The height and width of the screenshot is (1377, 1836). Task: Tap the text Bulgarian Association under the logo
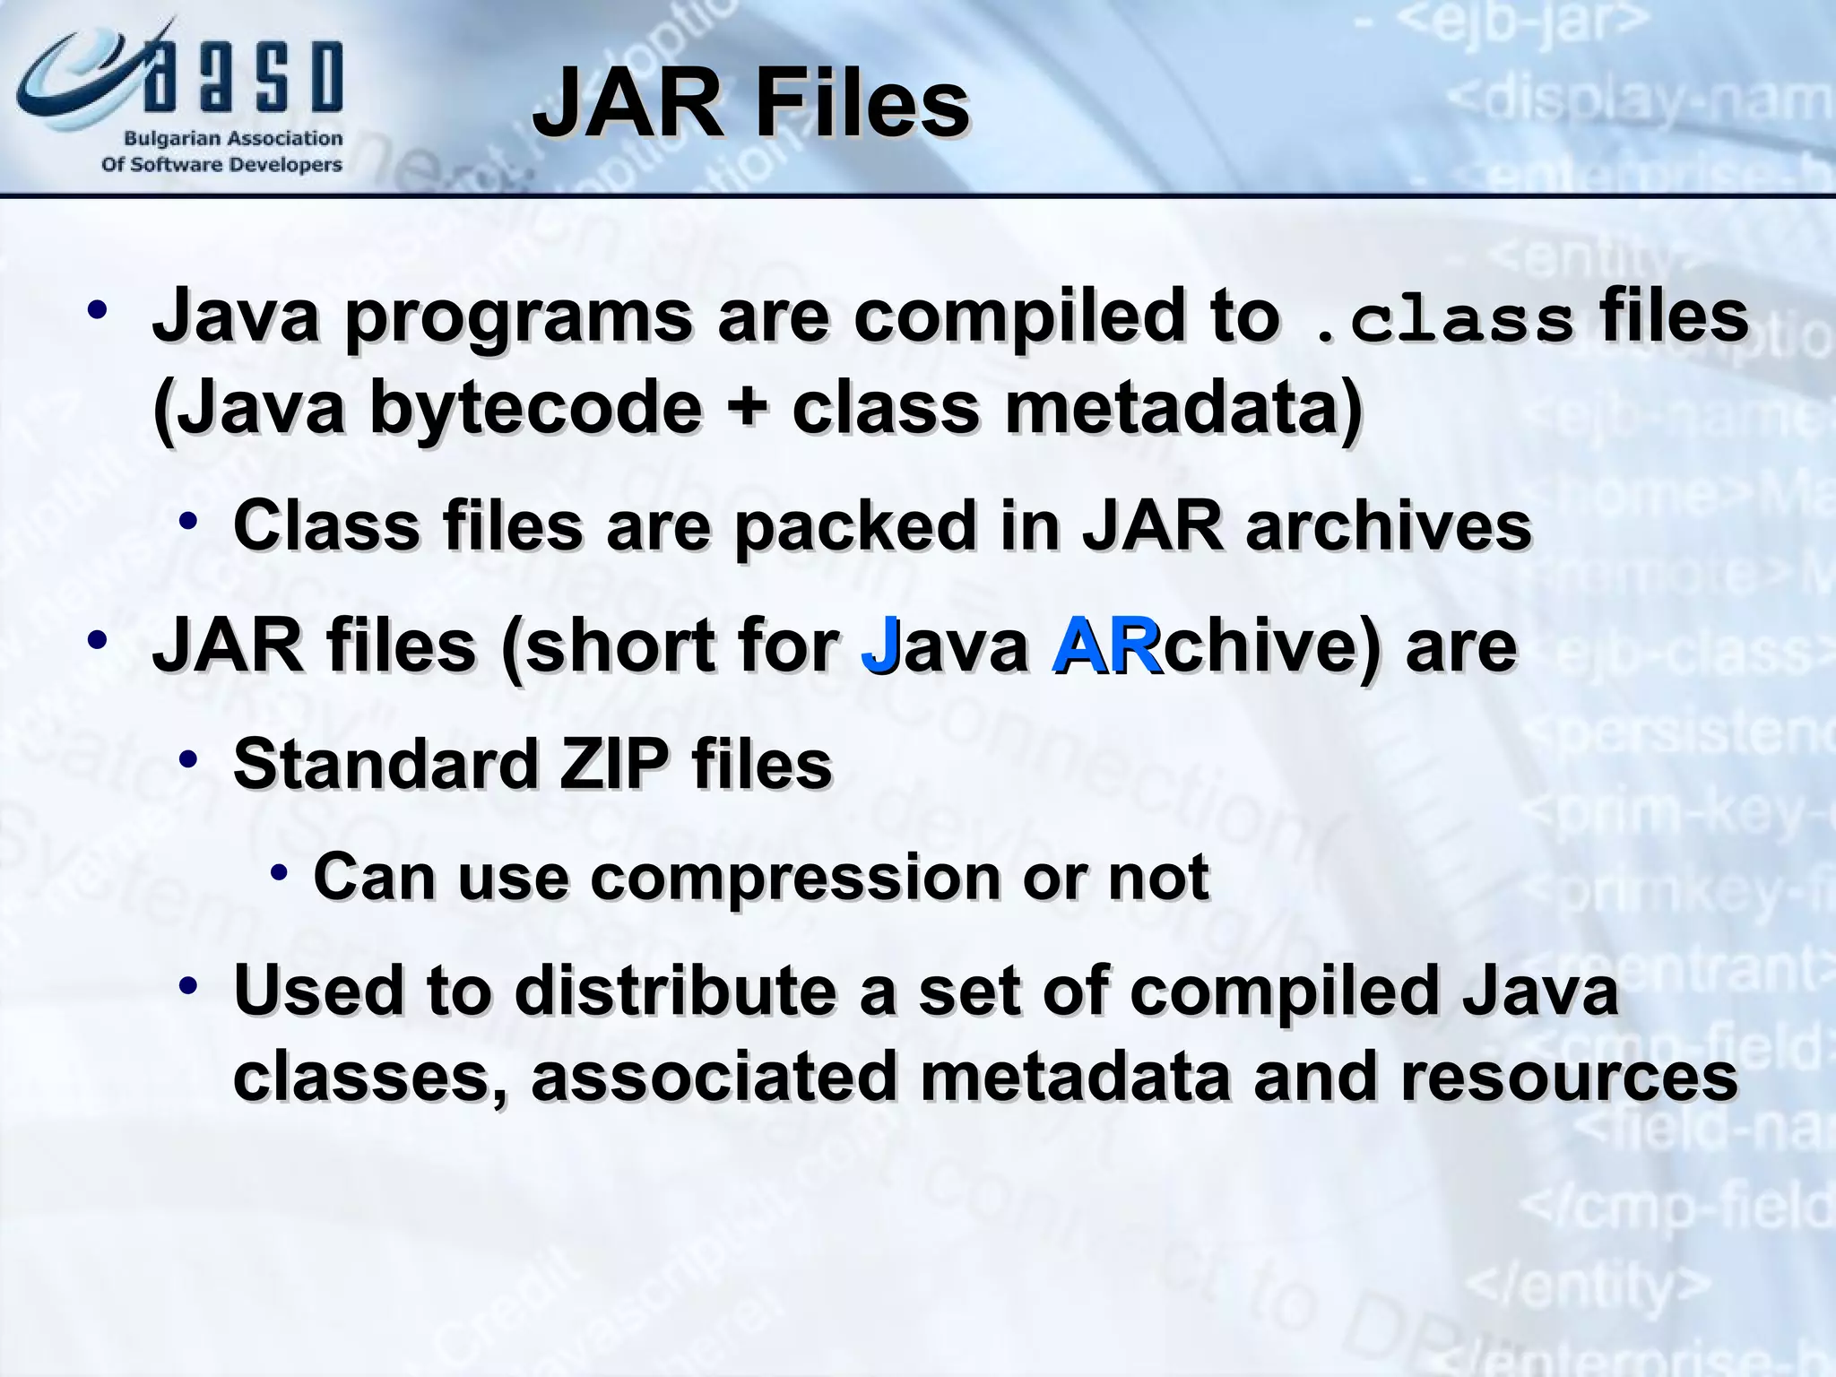[232, 139]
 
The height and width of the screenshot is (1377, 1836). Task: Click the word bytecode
[535, 409]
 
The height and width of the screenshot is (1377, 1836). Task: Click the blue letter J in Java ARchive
[879, 646]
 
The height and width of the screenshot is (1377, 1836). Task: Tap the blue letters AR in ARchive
[1106, 646]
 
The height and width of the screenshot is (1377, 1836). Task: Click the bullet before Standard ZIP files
[187, 760]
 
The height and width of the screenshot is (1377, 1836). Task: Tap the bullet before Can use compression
[279, 872]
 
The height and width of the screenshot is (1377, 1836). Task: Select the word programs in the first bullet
[518, 317]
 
